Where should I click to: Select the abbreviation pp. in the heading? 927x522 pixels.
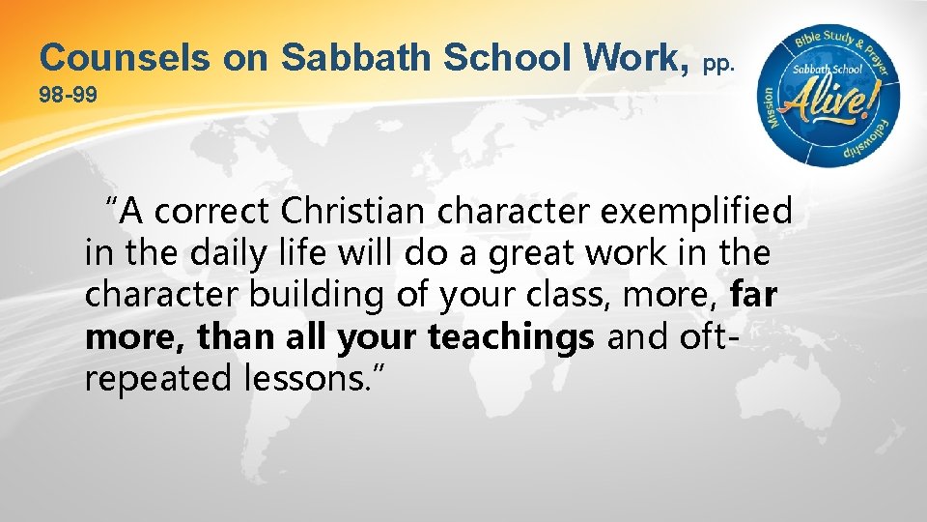[x=720, y=65]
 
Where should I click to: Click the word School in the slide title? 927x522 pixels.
[x=521, y=58]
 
